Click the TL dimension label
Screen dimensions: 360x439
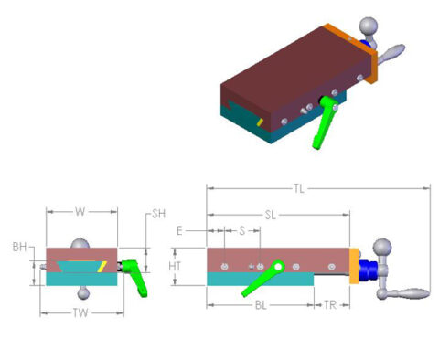(x=299, y=189)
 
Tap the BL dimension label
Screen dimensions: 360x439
(x=260, y=304)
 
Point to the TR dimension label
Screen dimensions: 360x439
(x=331, y=304)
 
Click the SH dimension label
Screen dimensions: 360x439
(x=158, y=214)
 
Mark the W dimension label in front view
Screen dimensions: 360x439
(x=80, y=212)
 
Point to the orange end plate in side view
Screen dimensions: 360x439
(x=353, y=266)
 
